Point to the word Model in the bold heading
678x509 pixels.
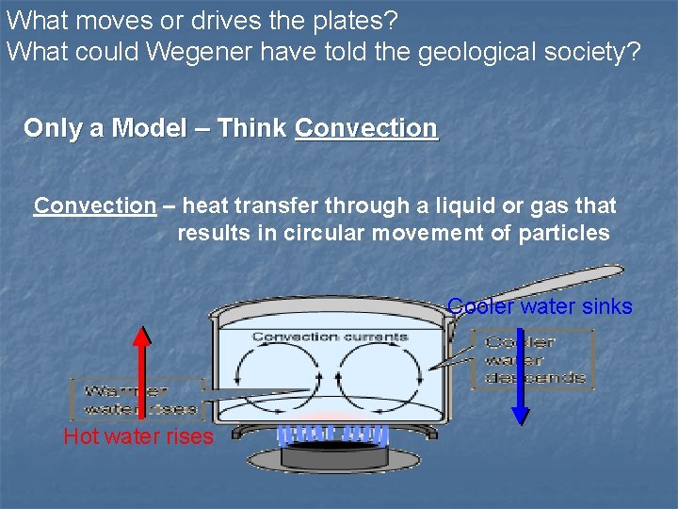click(149, 128)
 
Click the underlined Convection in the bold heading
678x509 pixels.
click(366, 128)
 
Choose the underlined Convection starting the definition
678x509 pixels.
click(95, 205)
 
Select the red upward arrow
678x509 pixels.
click(141, 372)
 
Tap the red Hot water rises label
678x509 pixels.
click(138, 437)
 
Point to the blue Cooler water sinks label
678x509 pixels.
click(540, 306)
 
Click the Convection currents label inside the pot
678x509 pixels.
click(330, 337)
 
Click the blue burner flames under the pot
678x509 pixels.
click(333, 435)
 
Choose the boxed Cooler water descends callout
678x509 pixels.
click(533, 358)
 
